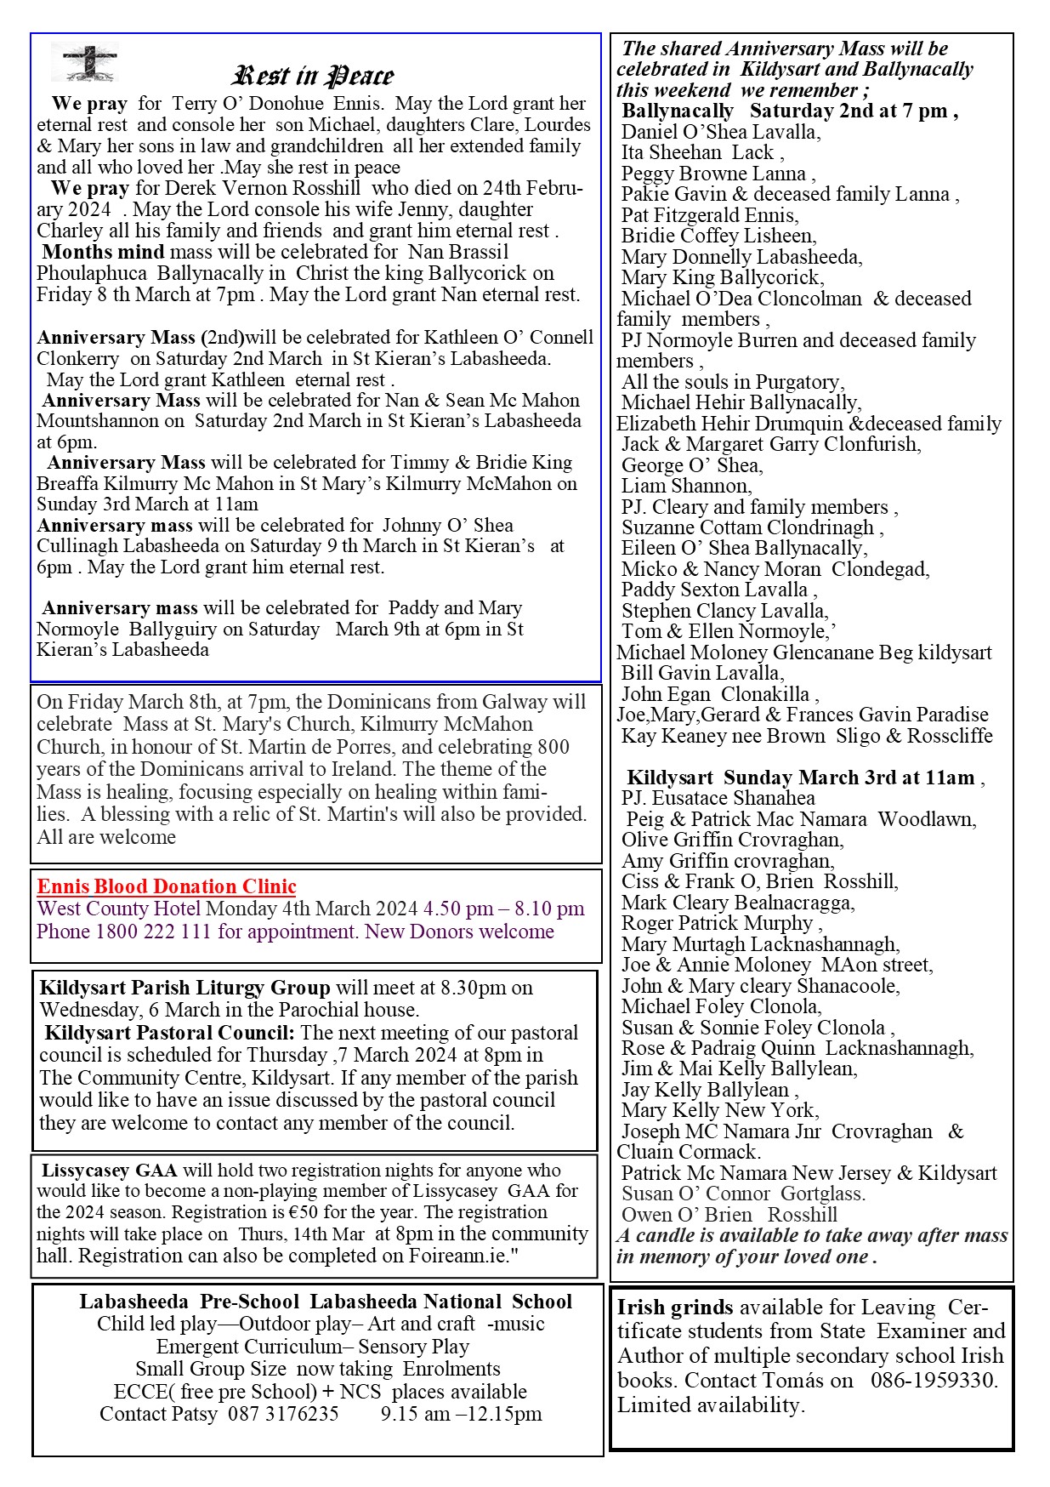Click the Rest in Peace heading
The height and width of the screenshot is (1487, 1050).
313,76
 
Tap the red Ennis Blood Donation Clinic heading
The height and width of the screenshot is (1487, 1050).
167,886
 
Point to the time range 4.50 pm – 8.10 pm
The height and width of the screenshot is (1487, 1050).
504,909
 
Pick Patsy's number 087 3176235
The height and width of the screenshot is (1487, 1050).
283,1414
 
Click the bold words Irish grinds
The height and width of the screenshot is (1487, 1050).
675,1307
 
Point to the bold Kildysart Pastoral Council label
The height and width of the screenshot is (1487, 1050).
170,1033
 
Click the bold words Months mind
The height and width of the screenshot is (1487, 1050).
104,252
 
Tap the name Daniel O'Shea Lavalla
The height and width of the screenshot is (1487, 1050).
721,132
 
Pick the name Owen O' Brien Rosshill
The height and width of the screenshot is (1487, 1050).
729,1215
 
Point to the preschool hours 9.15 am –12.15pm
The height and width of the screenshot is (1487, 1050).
461,1414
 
